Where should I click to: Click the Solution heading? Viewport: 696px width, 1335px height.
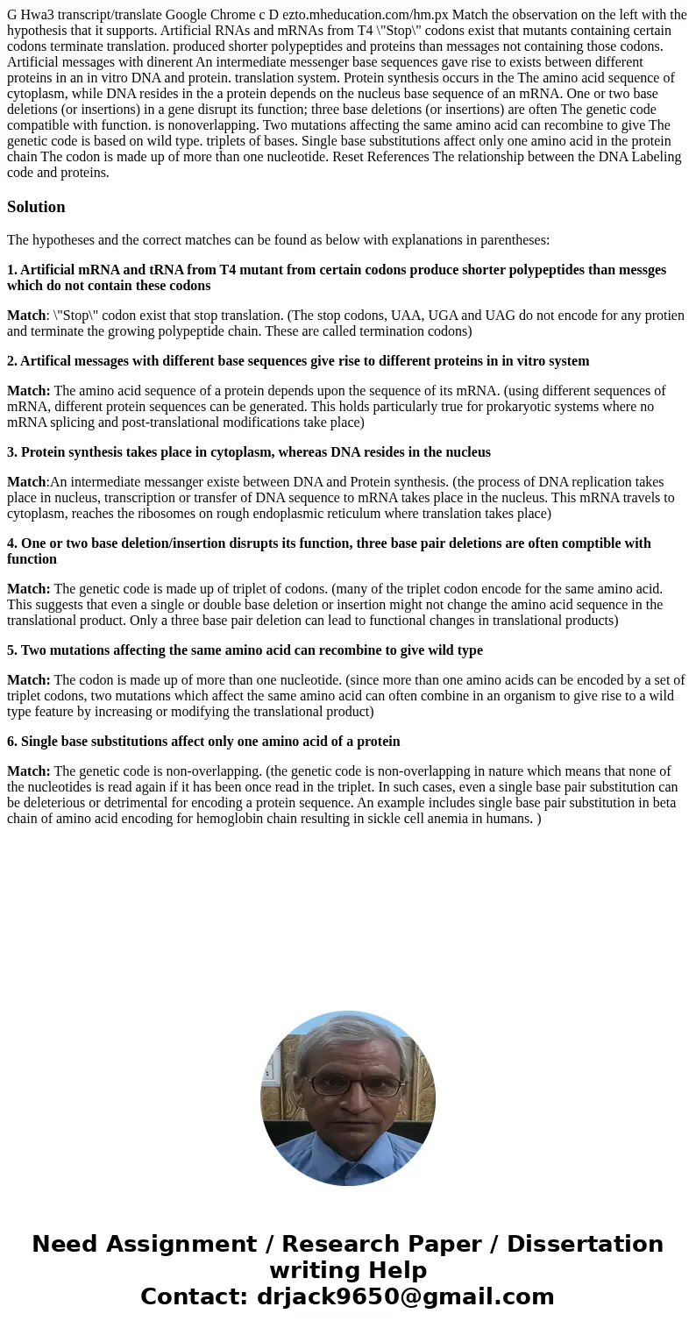tap(36, 207)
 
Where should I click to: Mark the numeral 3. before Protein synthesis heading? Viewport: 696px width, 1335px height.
tap(12, 452)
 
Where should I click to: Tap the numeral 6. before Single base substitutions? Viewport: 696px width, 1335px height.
tap(12, 742)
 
